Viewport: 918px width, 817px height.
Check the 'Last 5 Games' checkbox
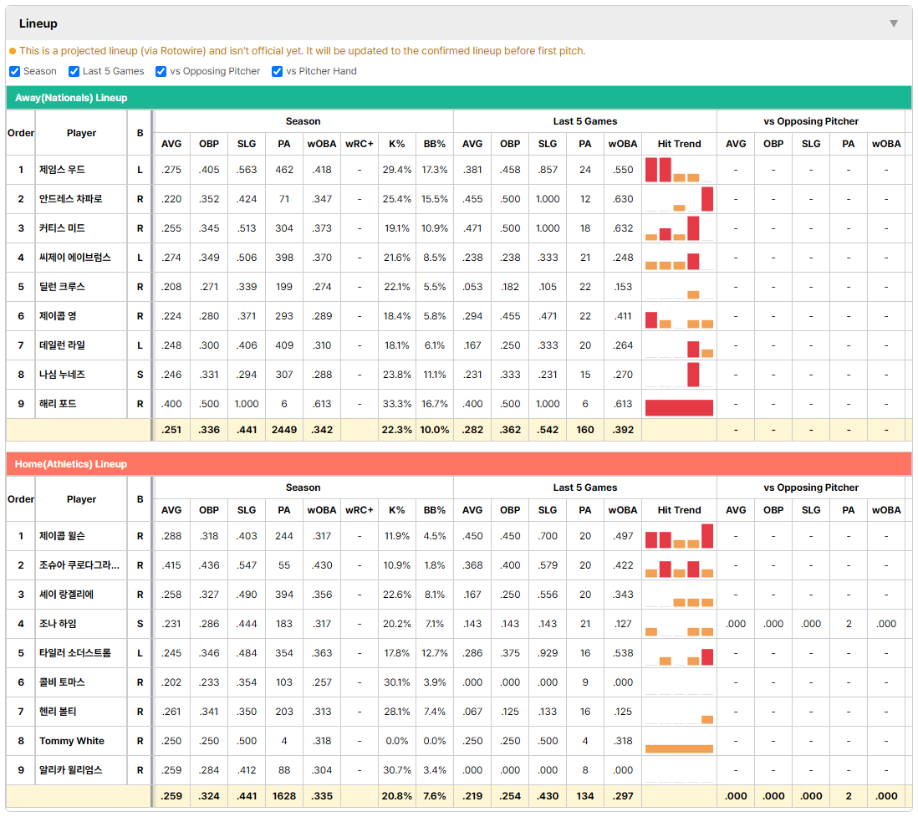74,71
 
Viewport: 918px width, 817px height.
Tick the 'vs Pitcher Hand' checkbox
277,71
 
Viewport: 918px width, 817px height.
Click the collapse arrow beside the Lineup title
894,23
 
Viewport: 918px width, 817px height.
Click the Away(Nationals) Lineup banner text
71,98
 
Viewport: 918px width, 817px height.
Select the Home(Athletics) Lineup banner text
71,464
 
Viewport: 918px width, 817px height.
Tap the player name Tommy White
72,741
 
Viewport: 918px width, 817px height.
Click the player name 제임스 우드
62,170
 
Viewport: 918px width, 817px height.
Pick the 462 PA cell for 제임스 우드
284,170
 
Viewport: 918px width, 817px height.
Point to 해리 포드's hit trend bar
679,407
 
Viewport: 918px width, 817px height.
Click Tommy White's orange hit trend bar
679,748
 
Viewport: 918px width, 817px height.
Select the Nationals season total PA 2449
284,430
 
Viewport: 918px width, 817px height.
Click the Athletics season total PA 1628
284,796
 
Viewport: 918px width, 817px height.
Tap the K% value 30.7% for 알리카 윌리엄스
397,770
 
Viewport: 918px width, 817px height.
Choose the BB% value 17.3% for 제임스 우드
435,170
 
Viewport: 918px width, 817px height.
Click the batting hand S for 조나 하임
140,624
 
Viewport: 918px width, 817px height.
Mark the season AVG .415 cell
171,565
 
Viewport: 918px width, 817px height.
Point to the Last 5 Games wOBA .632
622,228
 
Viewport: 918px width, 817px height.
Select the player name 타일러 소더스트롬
75,653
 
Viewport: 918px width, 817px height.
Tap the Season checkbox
15,71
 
